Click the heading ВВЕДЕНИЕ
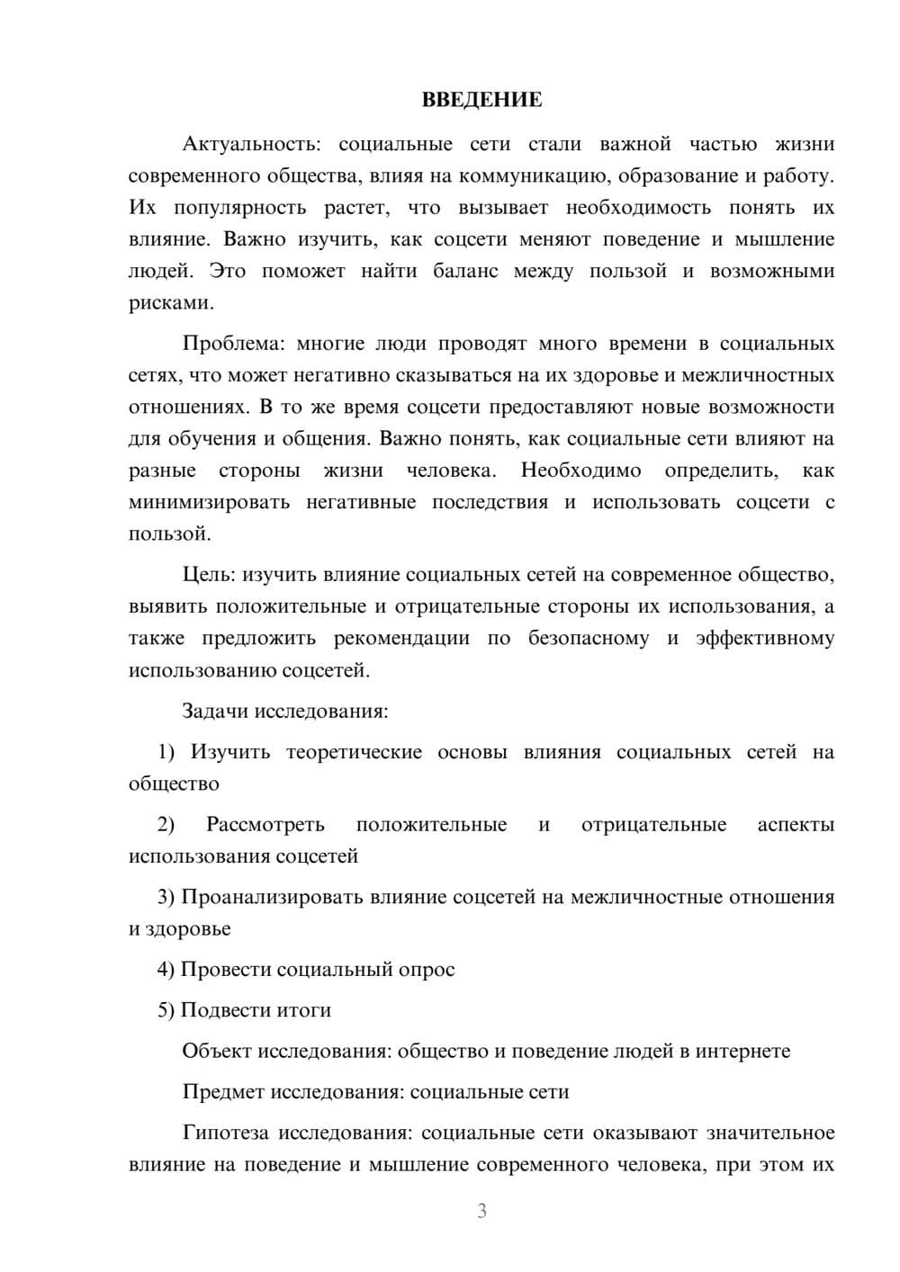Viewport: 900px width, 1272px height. coord(481,100)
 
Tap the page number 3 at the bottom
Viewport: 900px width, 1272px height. coord(481,1211)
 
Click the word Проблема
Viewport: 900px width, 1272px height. coord(233,344)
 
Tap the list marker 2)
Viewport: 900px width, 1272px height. coord(166,825)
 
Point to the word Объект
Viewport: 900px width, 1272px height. coord(217,1051)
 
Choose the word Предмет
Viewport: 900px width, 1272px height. coord(224,1092)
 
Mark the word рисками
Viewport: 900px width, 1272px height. coord(171,303)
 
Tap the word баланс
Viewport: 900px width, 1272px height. coord(465,272)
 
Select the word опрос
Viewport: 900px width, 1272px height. coord(427,970)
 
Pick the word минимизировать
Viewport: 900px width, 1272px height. coord(209,503)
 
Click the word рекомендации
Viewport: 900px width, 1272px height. coord(401,639)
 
